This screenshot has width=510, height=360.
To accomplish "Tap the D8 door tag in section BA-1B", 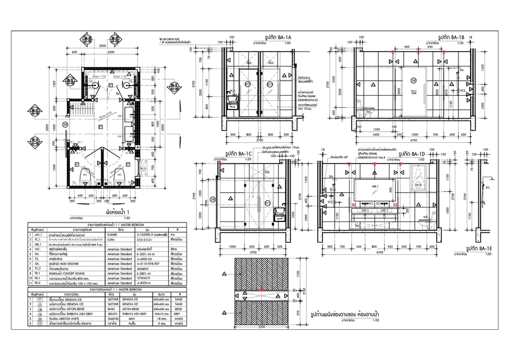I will [413, 80].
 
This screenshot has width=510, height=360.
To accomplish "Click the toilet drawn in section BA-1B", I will [367, 113].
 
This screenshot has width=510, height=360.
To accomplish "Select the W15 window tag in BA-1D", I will [418, 185].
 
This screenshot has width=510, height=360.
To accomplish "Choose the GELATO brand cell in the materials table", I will [112, 313].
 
